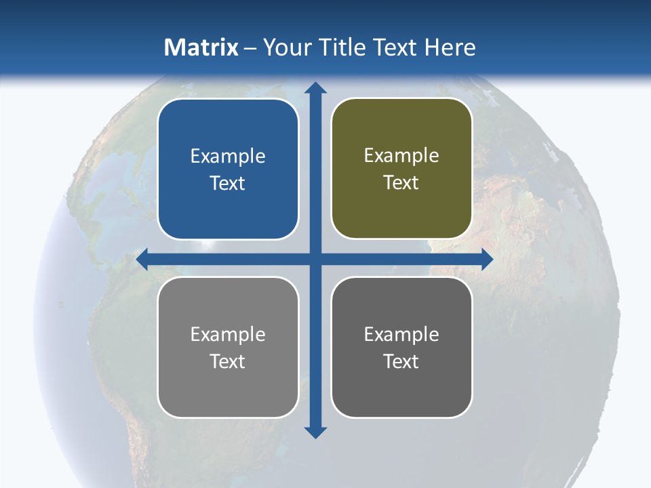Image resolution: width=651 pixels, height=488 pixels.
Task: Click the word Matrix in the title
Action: pyautogui.click(x=201, y=47)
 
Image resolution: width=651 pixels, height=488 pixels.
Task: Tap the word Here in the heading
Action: pyautogui.click(x=450, y=47)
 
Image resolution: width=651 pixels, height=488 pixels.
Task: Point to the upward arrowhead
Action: pyautogui.click(x=315, y=88)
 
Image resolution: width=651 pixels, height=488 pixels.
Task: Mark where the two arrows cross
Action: pyautogui.click(x=315, y=259)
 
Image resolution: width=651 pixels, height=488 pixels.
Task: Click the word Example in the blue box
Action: pyautogui.click(x=228, y=157)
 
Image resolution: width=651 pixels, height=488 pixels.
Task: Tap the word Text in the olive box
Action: pyautogui.click(x=401, y=183)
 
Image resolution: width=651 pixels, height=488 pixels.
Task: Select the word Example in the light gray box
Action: pyautogui.click(x=228, y=335)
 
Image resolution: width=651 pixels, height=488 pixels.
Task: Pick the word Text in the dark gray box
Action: pyautogui.click(x=401, y=361)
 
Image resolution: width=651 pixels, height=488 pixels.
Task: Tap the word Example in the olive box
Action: pyautogui.click(x=401, y=156)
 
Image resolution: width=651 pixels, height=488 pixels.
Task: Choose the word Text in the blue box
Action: pyautogui.click(x=228, y=184)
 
